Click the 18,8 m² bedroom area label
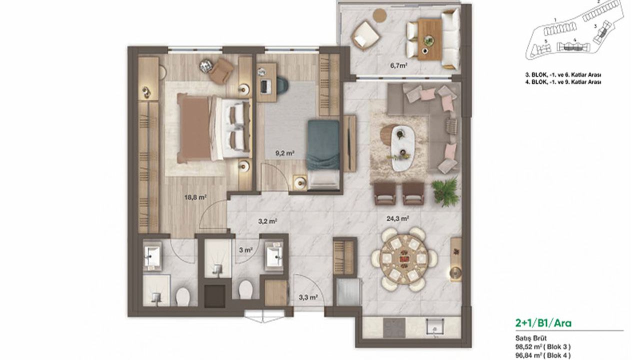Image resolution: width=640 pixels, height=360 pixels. click(195, 197)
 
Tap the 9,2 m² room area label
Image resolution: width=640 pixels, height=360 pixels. click(285, 153)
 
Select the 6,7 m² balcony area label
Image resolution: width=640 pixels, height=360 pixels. click(398, 65)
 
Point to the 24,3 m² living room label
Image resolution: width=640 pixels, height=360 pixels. click(397, 219)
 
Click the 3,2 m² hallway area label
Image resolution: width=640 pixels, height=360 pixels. click(267, 221)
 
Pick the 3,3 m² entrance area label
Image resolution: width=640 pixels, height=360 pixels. click(308, 297)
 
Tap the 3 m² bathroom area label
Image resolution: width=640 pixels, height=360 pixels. click(245, 250)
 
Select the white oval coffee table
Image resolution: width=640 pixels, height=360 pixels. click(403, 148)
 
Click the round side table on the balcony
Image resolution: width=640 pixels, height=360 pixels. click(380, 15)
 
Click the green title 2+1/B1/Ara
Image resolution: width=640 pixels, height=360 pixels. click(543, 323)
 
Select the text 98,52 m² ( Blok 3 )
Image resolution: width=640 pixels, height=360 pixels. click(543, 347)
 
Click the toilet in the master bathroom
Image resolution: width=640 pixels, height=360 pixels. click(182, 297)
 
